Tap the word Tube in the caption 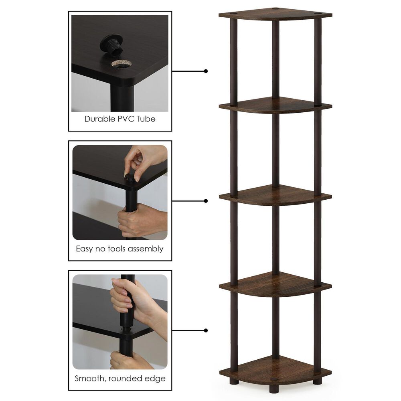pos(146,119)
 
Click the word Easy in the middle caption pos(85,249)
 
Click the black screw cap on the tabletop pos(110,45)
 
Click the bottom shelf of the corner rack pos(275,368)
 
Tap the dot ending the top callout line pos(206,71)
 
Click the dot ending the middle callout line pos(206,200)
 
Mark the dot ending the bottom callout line pos(206,330)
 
